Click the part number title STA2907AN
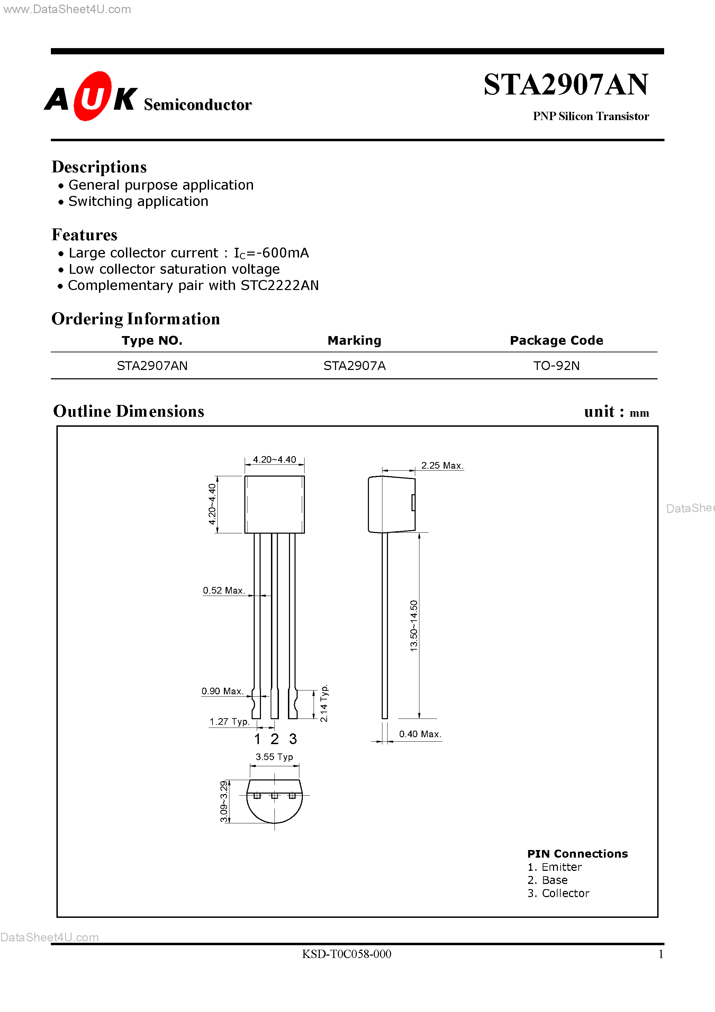tap(565, 85)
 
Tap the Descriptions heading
tap(99, 167)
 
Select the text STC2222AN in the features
tap(280, 286)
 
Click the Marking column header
tap(354, 340)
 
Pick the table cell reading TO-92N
tap(556, 366)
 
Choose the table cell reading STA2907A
tap(354, 366)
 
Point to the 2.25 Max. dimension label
tap(442, 466)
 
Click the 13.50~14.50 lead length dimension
tap(414, 625)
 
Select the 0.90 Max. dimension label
tap(222, 691)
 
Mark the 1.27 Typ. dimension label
tap(229, 722)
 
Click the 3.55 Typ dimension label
tap(274, 757)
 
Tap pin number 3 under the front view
tap(293, 739)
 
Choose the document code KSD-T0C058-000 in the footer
tap(346, 954)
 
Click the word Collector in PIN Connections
tap(565, 893)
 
